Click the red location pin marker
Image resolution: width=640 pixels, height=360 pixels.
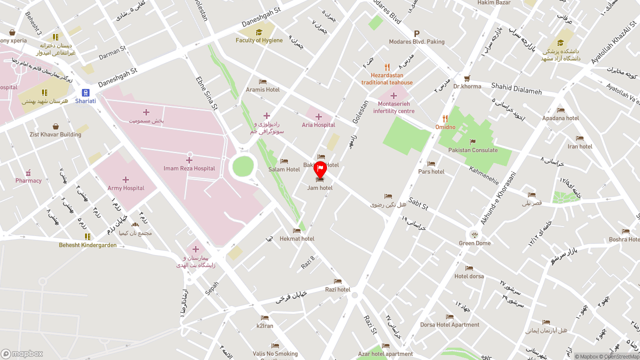[320, 169]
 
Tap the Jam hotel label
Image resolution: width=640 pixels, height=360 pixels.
[320, 188]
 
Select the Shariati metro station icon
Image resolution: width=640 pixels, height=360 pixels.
[85, 93]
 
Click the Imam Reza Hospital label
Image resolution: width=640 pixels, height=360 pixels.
[189, 168]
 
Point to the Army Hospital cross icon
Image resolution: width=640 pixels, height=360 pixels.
[125, 179]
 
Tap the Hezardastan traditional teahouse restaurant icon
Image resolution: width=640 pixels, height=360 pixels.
[387, 67]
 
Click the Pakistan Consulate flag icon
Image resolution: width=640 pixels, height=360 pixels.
[472, 142]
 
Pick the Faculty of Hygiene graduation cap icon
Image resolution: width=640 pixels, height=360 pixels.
[259, 32]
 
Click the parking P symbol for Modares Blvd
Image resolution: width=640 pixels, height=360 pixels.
[416, 33]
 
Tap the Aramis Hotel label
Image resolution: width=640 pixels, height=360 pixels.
[262, 90]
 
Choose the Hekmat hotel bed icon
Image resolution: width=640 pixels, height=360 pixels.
[296, 231]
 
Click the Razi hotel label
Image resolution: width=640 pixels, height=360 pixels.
[337, 289]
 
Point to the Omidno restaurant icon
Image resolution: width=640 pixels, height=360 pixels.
[445, 119]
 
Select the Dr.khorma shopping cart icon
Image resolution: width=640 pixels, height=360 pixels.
[467, 78]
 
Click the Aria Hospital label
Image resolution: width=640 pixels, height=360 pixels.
[318, 125]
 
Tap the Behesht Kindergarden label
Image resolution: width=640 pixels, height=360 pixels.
[87, 245]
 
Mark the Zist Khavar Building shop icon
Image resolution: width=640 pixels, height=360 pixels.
[55, 126]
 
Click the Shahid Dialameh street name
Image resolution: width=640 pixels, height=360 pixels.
[516, 88]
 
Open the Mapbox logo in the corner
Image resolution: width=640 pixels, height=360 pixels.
[22, 353]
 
